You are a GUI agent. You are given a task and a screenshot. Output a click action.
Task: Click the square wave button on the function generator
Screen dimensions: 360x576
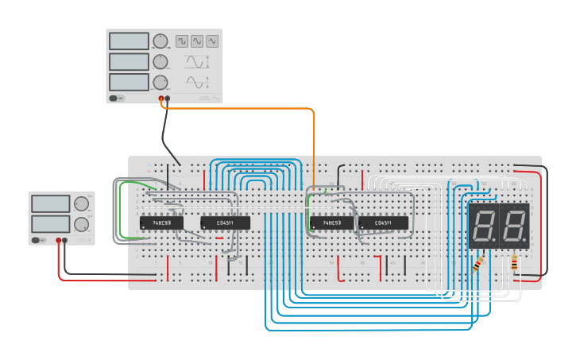click(182, 41)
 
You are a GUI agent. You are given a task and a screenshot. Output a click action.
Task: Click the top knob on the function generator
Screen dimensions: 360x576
click(160, 41)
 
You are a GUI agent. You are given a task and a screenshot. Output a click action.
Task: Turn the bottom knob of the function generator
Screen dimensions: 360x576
click(160, 82)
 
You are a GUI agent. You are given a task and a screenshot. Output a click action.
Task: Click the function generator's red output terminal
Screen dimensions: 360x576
click(161, 99)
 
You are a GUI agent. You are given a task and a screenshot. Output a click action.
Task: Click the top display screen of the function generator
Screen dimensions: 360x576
click(129, 41)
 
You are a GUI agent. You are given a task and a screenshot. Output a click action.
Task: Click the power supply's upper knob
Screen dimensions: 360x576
click(81, 204)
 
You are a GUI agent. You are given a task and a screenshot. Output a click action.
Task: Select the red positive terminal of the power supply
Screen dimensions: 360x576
click(58, 239)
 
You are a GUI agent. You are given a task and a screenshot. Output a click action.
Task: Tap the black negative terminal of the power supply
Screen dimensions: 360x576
click(65, 239)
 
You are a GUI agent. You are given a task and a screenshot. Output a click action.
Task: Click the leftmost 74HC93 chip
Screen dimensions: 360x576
click(161, 223)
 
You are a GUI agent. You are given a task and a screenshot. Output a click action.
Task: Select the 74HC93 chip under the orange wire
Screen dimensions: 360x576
click(331, 223)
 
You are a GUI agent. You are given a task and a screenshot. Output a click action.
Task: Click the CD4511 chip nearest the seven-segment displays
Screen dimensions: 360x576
click(383, 223)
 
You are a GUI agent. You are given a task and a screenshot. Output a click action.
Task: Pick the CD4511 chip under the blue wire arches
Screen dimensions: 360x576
click(225, 223)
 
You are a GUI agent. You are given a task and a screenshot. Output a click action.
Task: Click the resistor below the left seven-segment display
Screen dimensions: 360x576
click(478, 262)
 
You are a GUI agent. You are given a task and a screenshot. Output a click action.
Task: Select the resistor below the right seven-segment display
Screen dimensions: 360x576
click(514, 261)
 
